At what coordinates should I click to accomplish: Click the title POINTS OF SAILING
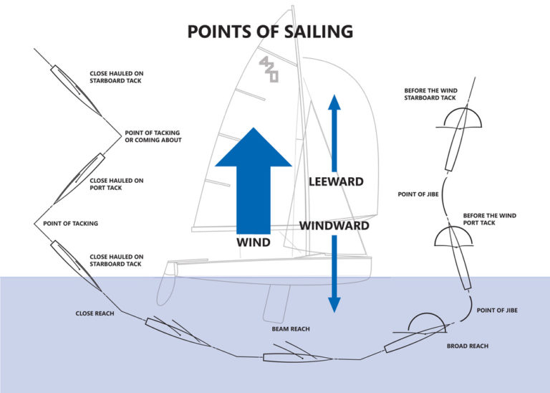coord(269,32)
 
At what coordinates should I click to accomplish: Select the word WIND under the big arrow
coord(253,243)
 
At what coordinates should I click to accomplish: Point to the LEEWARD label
coord(336,182)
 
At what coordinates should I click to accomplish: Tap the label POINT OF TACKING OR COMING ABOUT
coord(153,136)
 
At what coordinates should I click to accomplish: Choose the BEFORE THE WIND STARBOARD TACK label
coord(430,94)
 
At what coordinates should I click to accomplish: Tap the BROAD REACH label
coord(467,346)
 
